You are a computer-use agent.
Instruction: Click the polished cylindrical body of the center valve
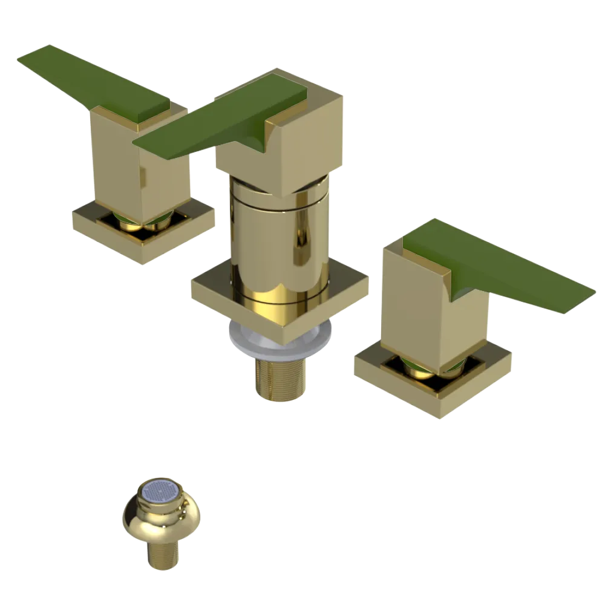point(278,242)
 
